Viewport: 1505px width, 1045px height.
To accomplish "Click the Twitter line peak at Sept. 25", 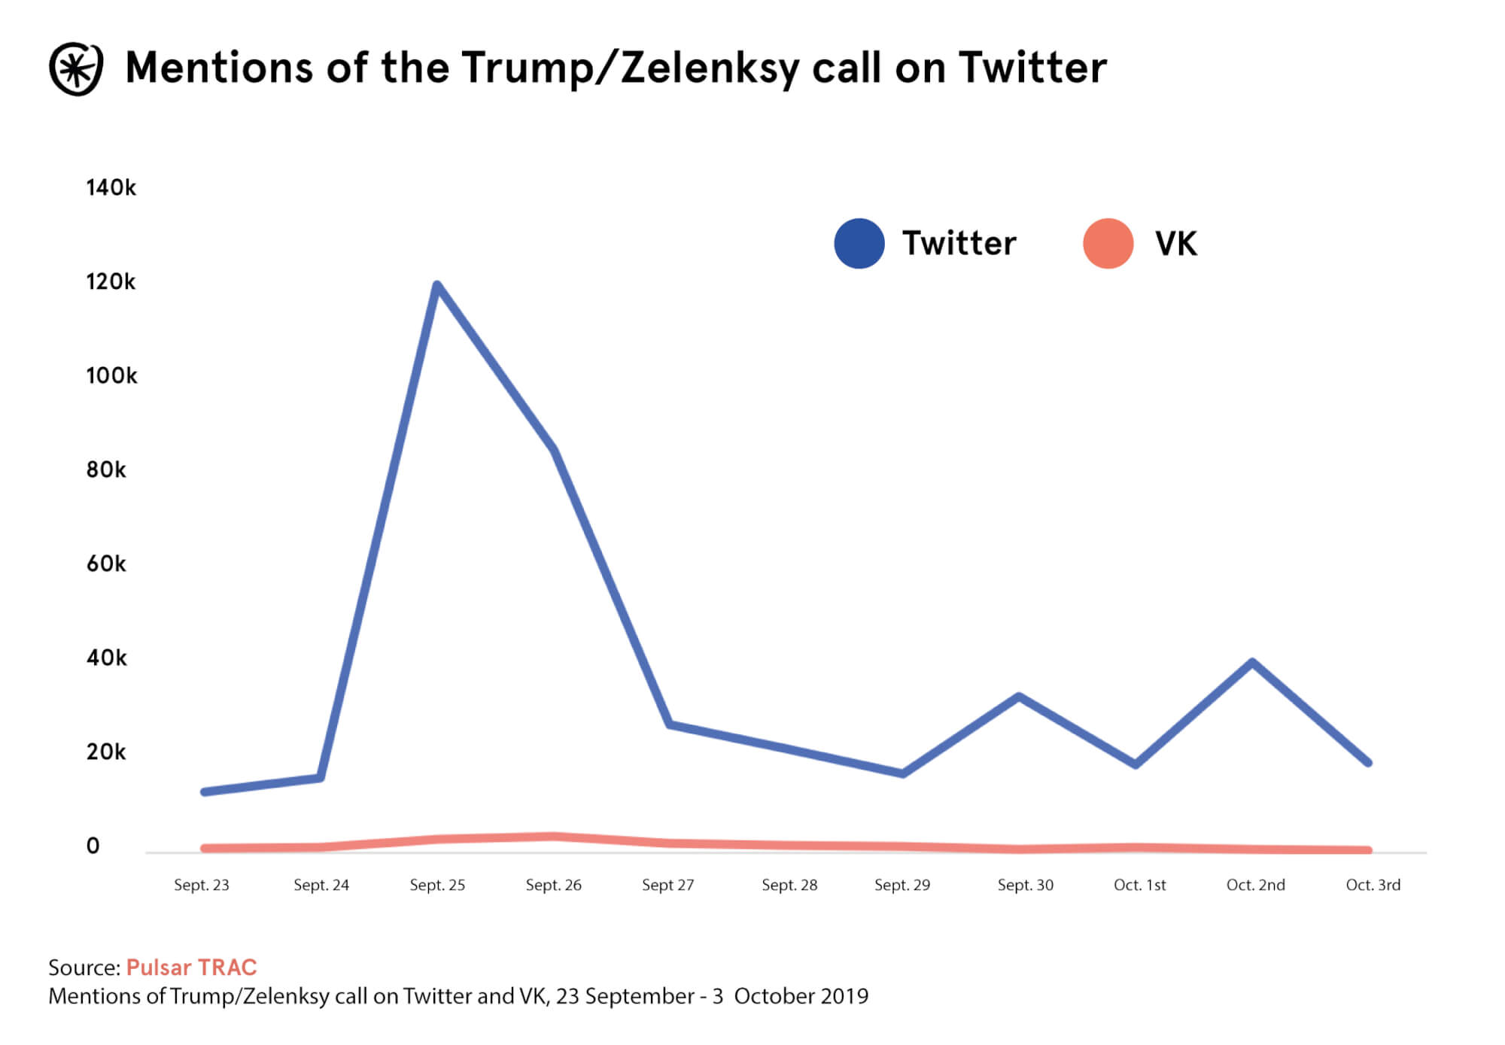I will (x=437, y=285).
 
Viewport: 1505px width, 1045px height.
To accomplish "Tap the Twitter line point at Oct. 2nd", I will (x=1252, y=663).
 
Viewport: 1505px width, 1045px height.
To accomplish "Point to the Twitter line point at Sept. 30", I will (x=1019, y=697).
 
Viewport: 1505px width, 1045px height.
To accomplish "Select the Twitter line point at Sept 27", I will (x=670, y=725).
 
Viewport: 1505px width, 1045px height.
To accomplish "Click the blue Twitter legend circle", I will (x=859, y=244).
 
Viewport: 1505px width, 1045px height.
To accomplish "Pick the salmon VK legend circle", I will (x=1108, y=244).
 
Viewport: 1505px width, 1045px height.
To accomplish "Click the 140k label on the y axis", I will (x=111, y=187).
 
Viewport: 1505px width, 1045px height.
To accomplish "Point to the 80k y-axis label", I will (x=106, y=469).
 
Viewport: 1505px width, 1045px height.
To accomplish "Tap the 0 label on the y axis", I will (x=93, y=846).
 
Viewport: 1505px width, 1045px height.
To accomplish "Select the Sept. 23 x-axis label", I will (x=202, y=885).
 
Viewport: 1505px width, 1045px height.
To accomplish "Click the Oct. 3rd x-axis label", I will (x=1373, y=885).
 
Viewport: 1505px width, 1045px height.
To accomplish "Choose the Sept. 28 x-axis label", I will (x=789, y=885).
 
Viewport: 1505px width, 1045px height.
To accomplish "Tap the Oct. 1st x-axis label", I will (x=1140, y=885).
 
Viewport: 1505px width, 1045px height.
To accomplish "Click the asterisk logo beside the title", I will (x=75, y=68).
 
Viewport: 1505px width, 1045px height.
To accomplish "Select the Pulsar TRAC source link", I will (x=191, y=967).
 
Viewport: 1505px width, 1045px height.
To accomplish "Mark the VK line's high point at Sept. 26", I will (x=554, y=837).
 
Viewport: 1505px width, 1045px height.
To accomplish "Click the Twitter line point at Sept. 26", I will (x=555, y=451).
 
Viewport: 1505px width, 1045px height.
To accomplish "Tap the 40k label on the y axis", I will (x=106, y=658).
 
